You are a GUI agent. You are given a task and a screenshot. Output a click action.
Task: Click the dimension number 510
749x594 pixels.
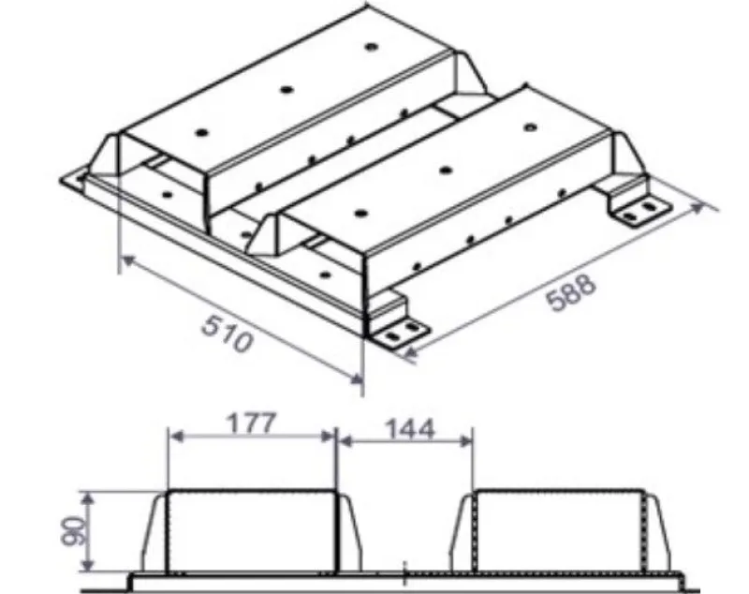pos(227,334)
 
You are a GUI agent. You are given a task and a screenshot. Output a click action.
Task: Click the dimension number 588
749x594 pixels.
pos(571,292)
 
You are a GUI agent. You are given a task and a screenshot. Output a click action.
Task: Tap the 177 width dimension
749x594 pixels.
pos(251,423)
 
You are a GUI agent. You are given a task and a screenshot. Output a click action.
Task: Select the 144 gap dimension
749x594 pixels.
pos(410,429)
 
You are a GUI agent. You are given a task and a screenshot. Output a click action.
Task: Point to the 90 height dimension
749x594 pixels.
pos(74,530)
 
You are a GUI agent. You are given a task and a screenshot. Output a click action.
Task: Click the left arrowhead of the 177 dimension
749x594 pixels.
pos(176,437)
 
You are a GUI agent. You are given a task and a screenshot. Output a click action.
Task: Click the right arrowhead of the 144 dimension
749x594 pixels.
pos(465,442)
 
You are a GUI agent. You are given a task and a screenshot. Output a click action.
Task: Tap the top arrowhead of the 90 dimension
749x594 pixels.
pos(87,498)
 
